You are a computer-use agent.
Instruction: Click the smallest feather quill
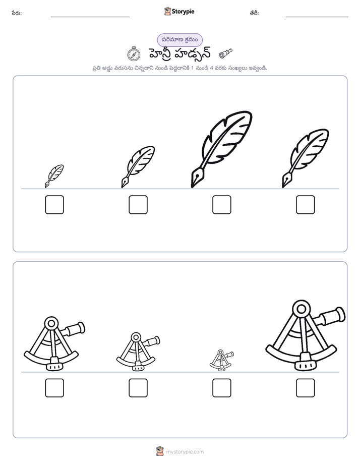[54, 176]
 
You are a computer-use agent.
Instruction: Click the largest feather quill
[221, 149]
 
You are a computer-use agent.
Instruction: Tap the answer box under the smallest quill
[54, 204]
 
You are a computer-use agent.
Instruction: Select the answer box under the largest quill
[221, 204]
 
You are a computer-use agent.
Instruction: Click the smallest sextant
[221, 360]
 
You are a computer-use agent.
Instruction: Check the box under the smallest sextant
[221, 388]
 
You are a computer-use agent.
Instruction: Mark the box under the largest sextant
[306, 388]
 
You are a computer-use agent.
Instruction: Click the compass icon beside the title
[134, 54]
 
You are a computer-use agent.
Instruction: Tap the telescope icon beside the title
[225, 53]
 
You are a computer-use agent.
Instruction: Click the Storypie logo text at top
[183, 12]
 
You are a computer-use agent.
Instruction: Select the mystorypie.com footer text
[185, 452]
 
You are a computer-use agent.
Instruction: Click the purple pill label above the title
[179, 40]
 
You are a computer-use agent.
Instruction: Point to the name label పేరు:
[17, 13]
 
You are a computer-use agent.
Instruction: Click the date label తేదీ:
[254, 13]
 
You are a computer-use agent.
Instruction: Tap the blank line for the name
[90, 17]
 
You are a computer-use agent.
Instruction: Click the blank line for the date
[317, 17]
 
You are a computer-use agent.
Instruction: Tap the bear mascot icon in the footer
[160, 451]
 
